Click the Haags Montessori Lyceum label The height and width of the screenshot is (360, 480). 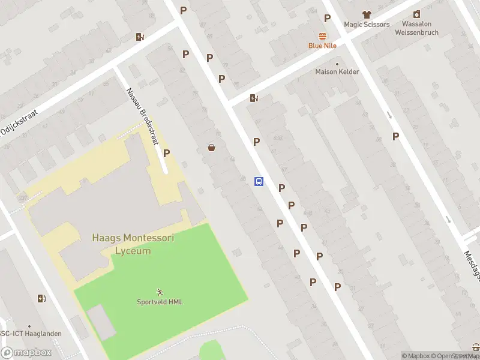click(133, 244)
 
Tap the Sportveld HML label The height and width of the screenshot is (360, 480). click(159, 302)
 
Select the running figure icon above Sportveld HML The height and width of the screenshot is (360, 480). click(159, 292)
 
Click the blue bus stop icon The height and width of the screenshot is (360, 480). click(259, 181)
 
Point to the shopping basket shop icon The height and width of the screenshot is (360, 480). click(211, 147)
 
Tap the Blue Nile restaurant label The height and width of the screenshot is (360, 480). click(323, 46)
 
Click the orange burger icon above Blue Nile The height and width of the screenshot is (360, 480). click(323, 35)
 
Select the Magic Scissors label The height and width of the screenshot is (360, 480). click(367, 25)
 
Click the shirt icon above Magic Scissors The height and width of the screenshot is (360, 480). click(366, 14)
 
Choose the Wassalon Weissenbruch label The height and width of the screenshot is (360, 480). click(416, 28)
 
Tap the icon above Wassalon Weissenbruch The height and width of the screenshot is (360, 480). click(416, 14)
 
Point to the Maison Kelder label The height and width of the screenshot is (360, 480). click(337, 72)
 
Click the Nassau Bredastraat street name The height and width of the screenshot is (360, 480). click(142, 117)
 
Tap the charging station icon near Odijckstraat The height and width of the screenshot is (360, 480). click(140, 37)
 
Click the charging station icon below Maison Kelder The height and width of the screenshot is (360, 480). click(254, 98)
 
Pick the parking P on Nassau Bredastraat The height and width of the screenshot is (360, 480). click(166, 153)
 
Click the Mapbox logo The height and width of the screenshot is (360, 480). click(26, 352)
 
